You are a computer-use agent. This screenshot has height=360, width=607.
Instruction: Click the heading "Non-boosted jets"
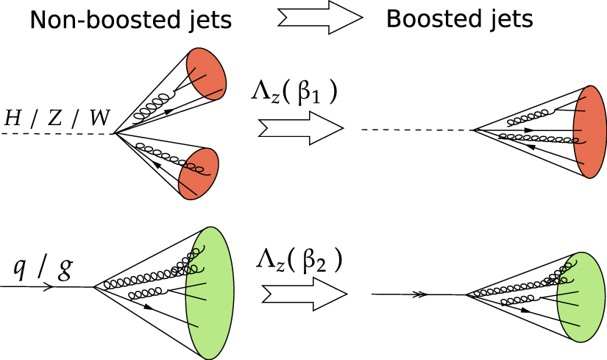click(x=131, y=21)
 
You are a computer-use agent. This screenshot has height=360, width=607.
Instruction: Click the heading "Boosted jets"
click(x=460, y=21)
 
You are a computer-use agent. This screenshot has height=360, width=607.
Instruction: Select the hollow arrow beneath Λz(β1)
click(x=301, y=128)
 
